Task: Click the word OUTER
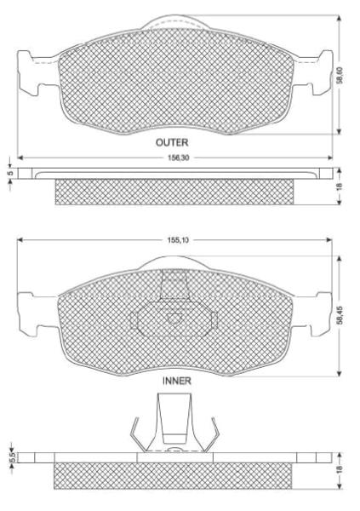pyautogui.click(x=172, y=142)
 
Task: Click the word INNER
pyautogui.click(x=176, y=381)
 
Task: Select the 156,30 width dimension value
pyautogui.click(x=179, y=158)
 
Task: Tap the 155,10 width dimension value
pyautogui.click(x=178, y=240)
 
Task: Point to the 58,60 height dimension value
pyautogui.click(x=340, y=75)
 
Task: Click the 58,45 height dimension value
pyautogui.click(x=340, y=315)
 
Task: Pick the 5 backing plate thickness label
pyautogui.click(x=10, y=173)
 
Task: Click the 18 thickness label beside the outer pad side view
pyautogui.click(x=340, y=187)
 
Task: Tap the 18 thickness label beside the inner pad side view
pyautogui.click(x=340, y=469)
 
